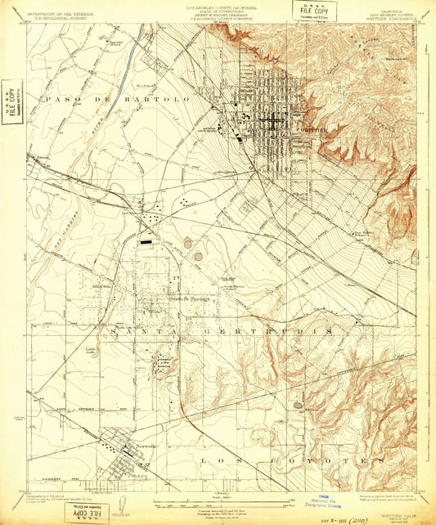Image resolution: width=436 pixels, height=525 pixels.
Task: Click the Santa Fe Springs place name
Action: click(190, 298)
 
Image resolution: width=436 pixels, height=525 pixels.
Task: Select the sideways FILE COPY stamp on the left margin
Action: click(11, 101)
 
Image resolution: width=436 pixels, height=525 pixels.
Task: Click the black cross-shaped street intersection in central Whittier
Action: click(271, 122)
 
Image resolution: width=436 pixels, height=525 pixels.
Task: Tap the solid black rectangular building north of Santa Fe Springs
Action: click(146, 242)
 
